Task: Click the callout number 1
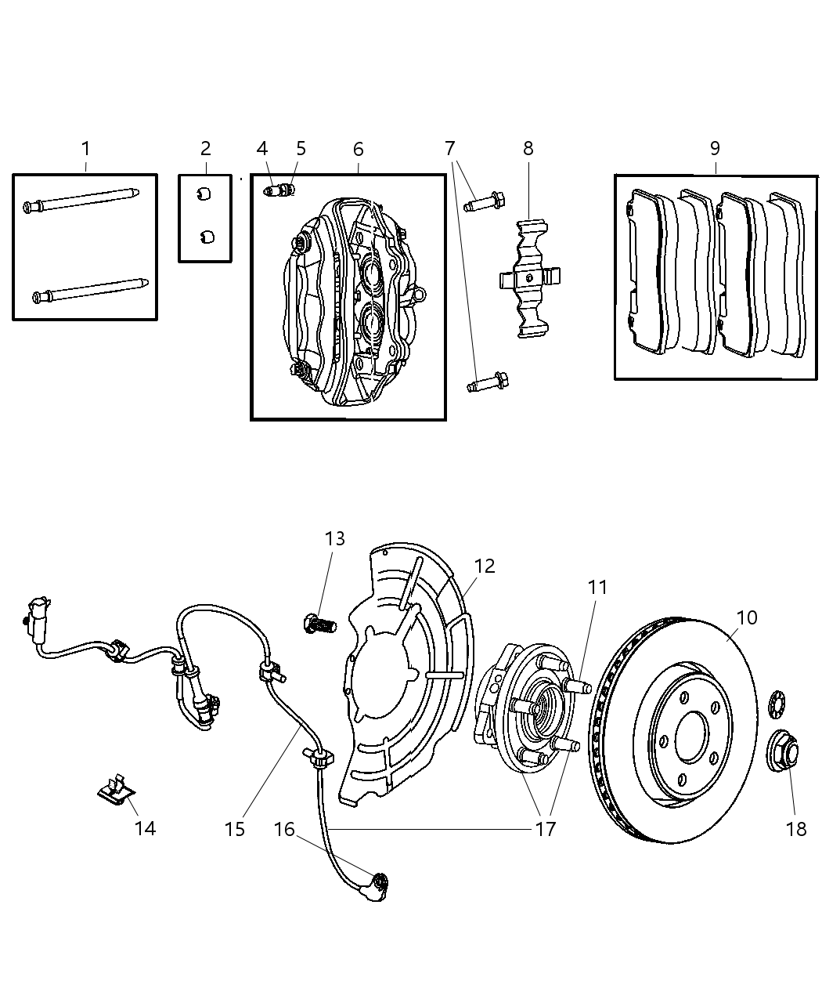coord(85,148)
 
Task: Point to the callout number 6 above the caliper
coord(358,148)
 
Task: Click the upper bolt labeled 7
coord(486,201)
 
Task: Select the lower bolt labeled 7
coord(487,383)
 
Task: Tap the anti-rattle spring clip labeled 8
coord(532,278)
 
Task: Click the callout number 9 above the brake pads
coord(715,148)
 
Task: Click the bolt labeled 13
coord(318,624)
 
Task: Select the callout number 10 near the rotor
coord(747,617)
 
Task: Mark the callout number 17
coord(545,828)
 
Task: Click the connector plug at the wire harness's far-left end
coord(37,610)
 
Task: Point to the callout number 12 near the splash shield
coord(485,566)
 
